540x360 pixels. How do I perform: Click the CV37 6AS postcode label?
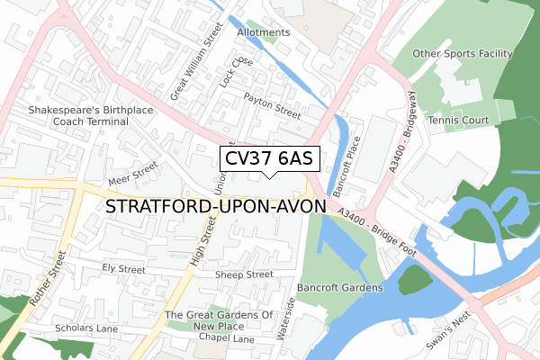click(269, 158)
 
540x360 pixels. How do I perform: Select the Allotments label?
click(263, 32)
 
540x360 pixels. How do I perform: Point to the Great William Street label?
click(196, 61)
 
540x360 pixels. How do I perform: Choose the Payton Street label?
click(274, 109)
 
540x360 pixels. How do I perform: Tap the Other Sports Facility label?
click(462, 54)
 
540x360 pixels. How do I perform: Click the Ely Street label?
click(123, 268)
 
